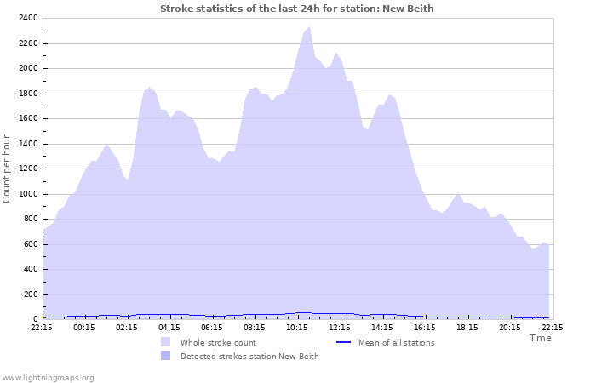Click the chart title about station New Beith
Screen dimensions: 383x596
[x=297, y=9]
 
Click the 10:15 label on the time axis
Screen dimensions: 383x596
[x=297, y=326]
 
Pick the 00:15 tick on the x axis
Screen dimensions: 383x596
[x=84, y=326]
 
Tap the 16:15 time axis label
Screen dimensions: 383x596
[x=425, y=326]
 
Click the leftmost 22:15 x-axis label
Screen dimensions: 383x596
[x=42, y=326]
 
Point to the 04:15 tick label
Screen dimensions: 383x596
[x=169, y=326]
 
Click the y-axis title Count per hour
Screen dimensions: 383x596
[x=8, y=169]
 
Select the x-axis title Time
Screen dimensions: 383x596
[x=540, y=338]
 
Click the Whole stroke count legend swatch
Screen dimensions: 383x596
[x=165, y=343]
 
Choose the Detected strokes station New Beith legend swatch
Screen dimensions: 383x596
[x=165, y=357]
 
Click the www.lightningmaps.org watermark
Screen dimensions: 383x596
[x=48, y=377]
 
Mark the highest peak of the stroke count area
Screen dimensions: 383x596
[x=308, y=27]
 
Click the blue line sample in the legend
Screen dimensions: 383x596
[x=344, y=343]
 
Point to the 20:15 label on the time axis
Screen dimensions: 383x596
[x=510, y=326]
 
